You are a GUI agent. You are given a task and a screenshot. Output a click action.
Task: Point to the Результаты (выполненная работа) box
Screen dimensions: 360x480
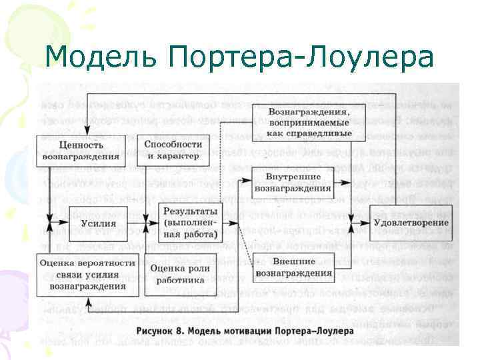[189, 223]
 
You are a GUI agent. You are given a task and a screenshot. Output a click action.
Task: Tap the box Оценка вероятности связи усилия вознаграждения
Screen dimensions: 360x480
[87, 275]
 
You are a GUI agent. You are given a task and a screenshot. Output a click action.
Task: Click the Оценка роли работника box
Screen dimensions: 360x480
[179, 274]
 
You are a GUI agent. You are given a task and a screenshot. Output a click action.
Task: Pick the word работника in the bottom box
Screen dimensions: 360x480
[179, 280]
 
